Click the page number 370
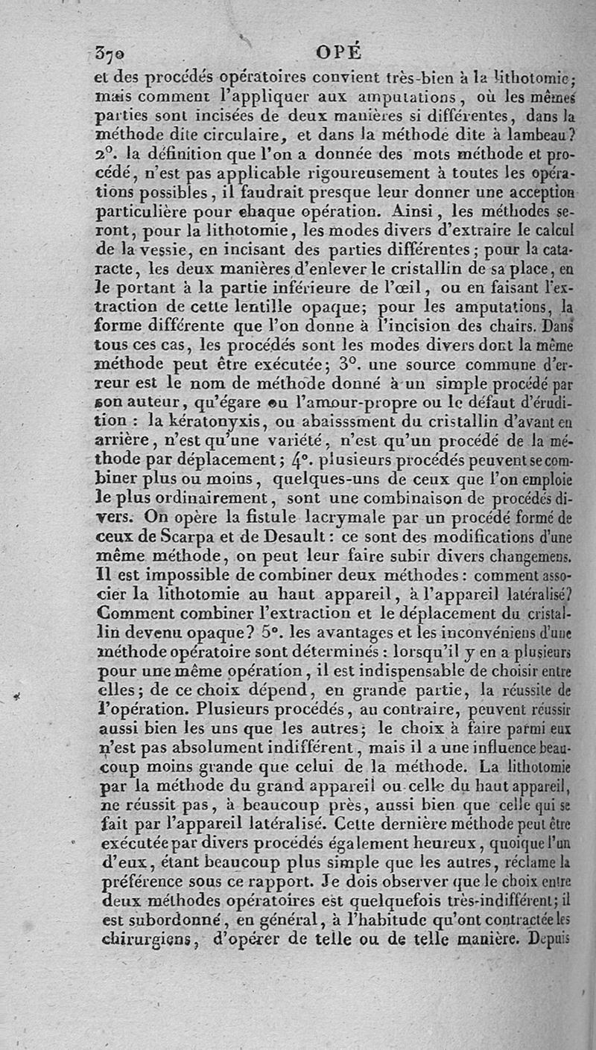click(x=111, y=52)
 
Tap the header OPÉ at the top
click(x=339, y=52)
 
